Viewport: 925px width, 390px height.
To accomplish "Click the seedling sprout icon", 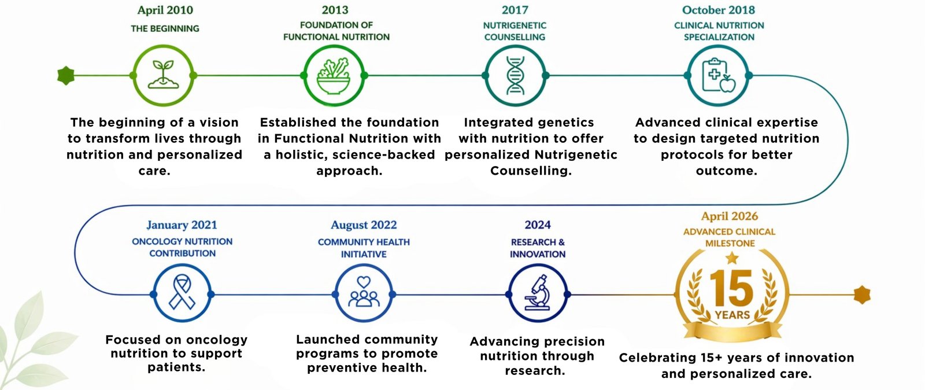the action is point(163,75).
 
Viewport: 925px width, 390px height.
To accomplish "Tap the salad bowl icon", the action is point(334,76).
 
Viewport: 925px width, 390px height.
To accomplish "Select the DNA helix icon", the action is point(515,76).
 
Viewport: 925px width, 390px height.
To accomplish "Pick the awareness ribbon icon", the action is point(182,293).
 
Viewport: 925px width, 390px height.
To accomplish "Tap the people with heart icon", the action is point(364,292).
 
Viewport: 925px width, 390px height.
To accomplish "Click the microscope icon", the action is point(537,293).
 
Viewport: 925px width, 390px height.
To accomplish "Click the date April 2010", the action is point(165,10).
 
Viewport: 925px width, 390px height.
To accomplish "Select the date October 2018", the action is point(719,10).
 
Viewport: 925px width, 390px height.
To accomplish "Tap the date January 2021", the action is point(182,225).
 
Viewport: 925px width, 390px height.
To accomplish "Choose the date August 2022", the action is point(364,225).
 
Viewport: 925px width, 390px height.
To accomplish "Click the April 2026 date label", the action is point(729,216).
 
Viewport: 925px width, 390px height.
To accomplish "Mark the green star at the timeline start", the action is point(66,76).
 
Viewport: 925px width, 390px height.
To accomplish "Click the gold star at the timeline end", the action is point(862,295).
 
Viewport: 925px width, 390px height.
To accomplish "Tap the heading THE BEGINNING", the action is point(165,28).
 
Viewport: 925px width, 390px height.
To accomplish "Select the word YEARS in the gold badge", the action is point(732,315).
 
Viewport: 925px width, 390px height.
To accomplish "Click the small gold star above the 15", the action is point(732,258).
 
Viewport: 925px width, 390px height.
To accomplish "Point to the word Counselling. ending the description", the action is point(531,171).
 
